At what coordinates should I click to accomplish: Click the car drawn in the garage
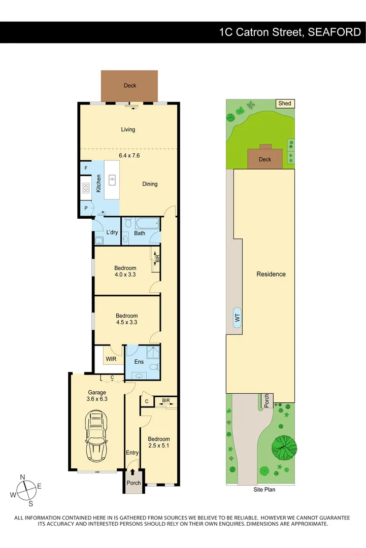[x=97, y=434]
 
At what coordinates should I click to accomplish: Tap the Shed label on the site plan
[x=285, y=104]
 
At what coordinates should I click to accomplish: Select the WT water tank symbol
[x=237, y=318]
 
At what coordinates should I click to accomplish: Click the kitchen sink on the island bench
[x=112, y=179]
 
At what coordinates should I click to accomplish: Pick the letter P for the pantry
[x=85, y=208]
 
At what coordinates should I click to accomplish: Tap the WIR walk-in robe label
[x=112, y=359]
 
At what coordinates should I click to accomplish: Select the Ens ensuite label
[x=139, y=362]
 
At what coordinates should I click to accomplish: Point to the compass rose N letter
[x=22, y=477]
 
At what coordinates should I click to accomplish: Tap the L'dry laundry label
[x=112, y=232]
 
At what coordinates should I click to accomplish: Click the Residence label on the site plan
[x=271, y=274]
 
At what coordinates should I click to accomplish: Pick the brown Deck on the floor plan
[x=130, y=86]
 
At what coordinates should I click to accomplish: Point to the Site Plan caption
[x=264, y=490]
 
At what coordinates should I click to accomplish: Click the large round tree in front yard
[x=284, y=447]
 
